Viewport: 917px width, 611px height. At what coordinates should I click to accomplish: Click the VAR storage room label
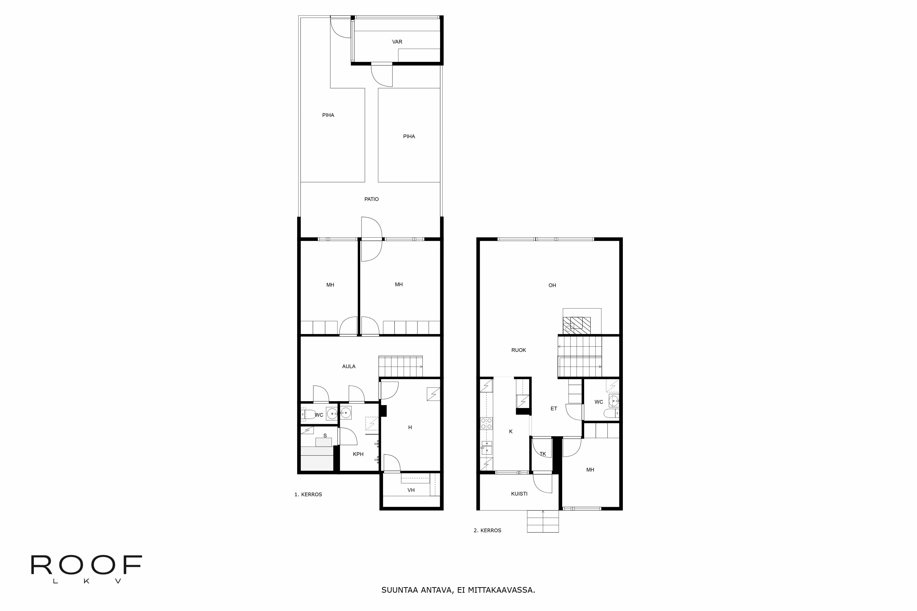[x=397, y=42]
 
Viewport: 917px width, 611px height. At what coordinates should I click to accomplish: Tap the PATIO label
[x=371, y=199]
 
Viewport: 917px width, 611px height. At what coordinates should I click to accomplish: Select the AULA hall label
[x=348, y=366]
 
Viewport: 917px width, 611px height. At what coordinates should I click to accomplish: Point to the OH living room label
[x=552, y=285]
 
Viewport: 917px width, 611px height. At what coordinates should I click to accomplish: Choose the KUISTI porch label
[x=519, y=494]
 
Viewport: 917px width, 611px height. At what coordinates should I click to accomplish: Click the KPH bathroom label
[x=358, y=454]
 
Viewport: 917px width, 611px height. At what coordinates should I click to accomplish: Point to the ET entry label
[x=554, y=409]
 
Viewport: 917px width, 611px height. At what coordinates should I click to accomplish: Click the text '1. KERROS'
[x=308, y=494]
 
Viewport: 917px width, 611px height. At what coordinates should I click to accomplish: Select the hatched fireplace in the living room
[x=577, y=325]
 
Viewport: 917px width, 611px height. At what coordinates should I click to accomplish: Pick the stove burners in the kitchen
[x=486, y=423]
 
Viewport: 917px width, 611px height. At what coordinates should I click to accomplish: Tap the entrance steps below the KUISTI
[x=543, y=521]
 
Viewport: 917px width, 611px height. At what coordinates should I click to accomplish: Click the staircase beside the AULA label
[x=401, y=366]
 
